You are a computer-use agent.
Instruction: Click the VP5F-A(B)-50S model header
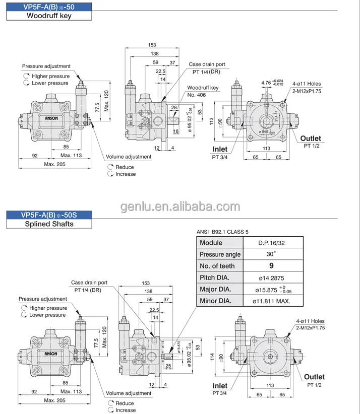(x=49, y=215)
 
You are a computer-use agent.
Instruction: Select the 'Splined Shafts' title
(x=49, y=224)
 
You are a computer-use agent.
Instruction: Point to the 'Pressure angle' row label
(x=220, y=254)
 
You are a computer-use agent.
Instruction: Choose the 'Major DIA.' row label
(x=215, y=290)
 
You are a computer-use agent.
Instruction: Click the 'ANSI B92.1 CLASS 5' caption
(x=225, y=233)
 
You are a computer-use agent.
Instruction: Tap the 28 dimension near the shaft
(x=174, y=108)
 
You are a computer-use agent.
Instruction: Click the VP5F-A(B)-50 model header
(x=49, y=6)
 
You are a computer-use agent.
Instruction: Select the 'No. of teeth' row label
(x=217, y=266)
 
